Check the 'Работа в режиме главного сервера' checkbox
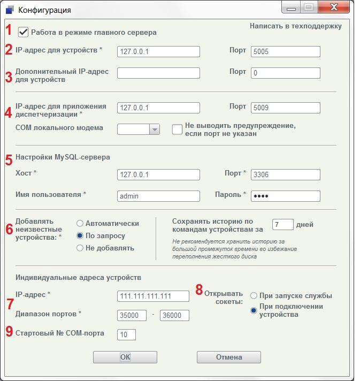point(24,32)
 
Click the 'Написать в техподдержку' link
point(295,26)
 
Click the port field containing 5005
point(285,51)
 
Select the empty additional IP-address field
point(158,73)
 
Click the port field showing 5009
point(285,108)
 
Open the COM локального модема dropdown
point(154,129)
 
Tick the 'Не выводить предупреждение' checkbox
point(177,129)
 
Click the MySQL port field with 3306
point(285,174)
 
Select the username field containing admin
point(158,196)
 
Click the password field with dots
point(285,196)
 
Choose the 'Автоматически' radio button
point(80,223)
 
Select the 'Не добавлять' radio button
point(80,248)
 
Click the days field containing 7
point(283,225)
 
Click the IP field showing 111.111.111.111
point(153,296)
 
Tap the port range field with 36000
point(174,315)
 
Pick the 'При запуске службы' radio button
point(254,295)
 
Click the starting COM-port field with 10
point(126,334)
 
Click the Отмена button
point(229,357)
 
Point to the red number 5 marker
point(9,159)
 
